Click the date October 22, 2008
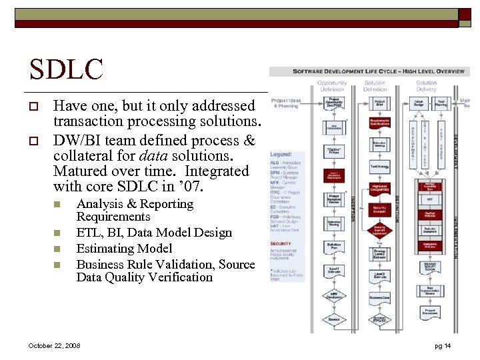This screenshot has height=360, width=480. (x=55, y=346)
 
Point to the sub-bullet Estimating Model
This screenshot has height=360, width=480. (x=125, y=248)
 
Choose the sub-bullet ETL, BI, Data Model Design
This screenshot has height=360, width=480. (x=155, y=233)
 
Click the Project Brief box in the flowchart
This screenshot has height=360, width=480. (x=379, y=103)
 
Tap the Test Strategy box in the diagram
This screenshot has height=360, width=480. (x=379, y=166)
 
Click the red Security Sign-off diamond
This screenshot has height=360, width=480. (x=379, y=231)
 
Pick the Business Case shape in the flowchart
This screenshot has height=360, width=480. (x=379, y=297)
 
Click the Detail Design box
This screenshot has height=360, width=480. (x=418, y=103)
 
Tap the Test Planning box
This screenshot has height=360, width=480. (x=441, y=103)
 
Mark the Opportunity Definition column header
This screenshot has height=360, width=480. (x=331, y=86)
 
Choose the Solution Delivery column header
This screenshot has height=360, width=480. (x=426, y=86)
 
